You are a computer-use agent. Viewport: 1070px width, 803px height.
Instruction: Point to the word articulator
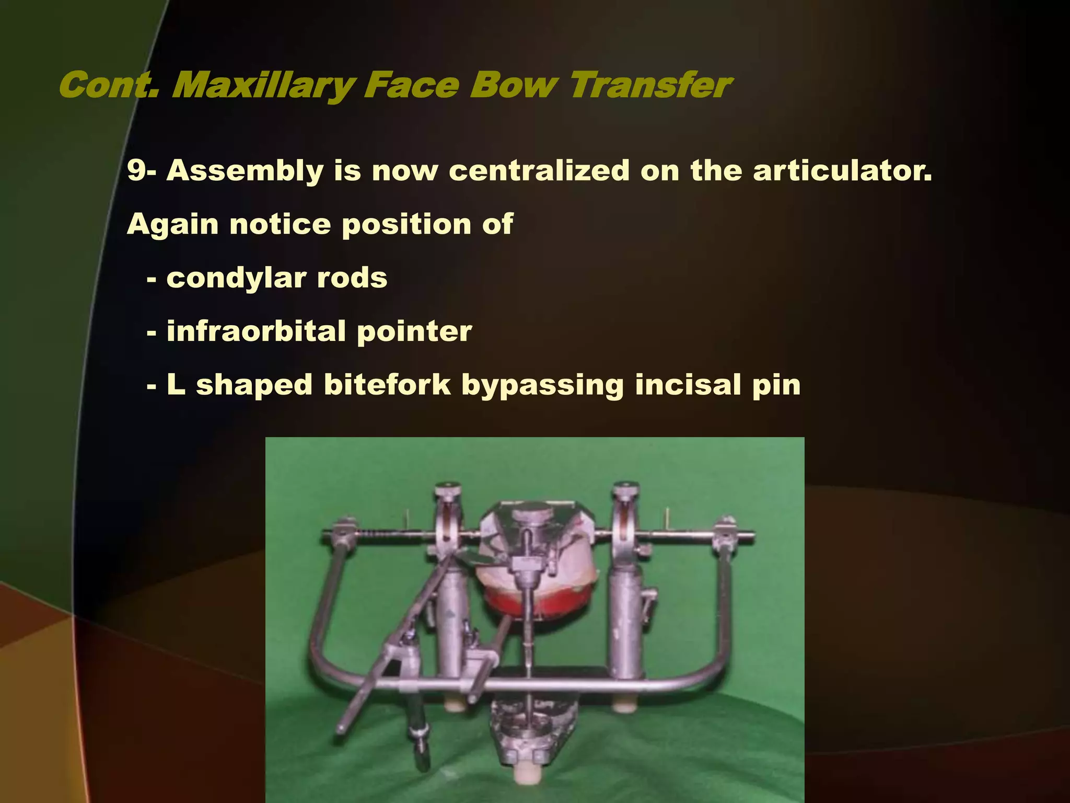coord(842,170)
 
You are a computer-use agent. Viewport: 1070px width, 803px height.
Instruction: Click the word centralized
coord(539,170)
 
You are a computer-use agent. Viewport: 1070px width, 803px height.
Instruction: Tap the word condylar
coord(236,278)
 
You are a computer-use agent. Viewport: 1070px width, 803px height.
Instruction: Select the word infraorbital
coord(256,331)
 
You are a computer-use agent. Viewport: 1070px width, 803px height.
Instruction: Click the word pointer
coord(414,331)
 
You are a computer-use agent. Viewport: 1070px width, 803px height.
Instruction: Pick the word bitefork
coord(387,385)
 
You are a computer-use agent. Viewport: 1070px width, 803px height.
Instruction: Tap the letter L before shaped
coord(176,385)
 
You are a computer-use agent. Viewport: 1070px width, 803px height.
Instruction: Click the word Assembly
coord(245,170)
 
